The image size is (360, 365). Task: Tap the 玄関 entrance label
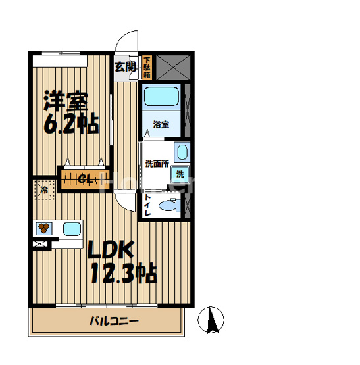pyautogui.click(x=126, y=66)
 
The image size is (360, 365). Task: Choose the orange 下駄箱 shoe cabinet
pyautogui.click(x=147, y=68)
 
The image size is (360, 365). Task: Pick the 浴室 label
pyautogui.click(x=161, y=124)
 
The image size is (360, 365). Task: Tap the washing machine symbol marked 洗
pyautogui.click(x=178, y=174)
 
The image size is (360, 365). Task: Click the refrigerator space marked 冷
pyautogui.click(x=43, y=191)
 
